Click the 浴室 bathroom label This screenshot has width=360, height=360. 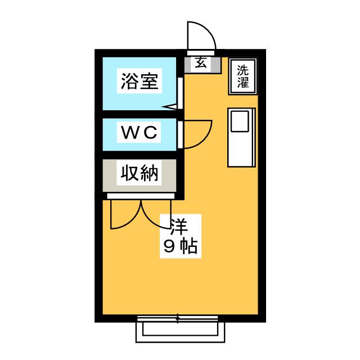[139, 81]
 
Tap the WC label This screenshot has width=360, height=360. [139, 132]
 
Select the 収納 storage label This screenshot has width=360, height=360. [139, 173]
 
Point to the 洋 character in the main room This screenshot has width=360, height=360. [179, 226]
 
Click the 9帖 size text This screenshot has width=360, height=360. [181, 246]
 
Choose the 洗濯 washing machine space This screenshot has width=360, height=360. [242, 76]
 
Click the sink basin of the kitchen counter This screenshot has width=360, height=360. [240, 121]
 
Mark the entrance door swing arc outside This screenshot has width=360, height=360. [208, 29]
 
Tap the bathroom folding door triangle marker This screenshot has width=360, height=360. [169, 106]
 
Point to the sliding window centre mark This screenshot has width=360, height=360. [178, 318]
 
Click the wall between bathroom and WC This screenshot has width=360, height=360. [139, 114]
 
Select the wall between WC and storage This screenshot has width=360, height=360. [139, 155]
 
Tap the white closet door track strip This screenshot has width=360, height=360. [141, 196]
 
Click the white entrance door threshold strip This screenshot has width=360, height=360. [201, 53]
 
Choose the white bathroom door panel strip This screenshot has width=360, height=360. [180, 93]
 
